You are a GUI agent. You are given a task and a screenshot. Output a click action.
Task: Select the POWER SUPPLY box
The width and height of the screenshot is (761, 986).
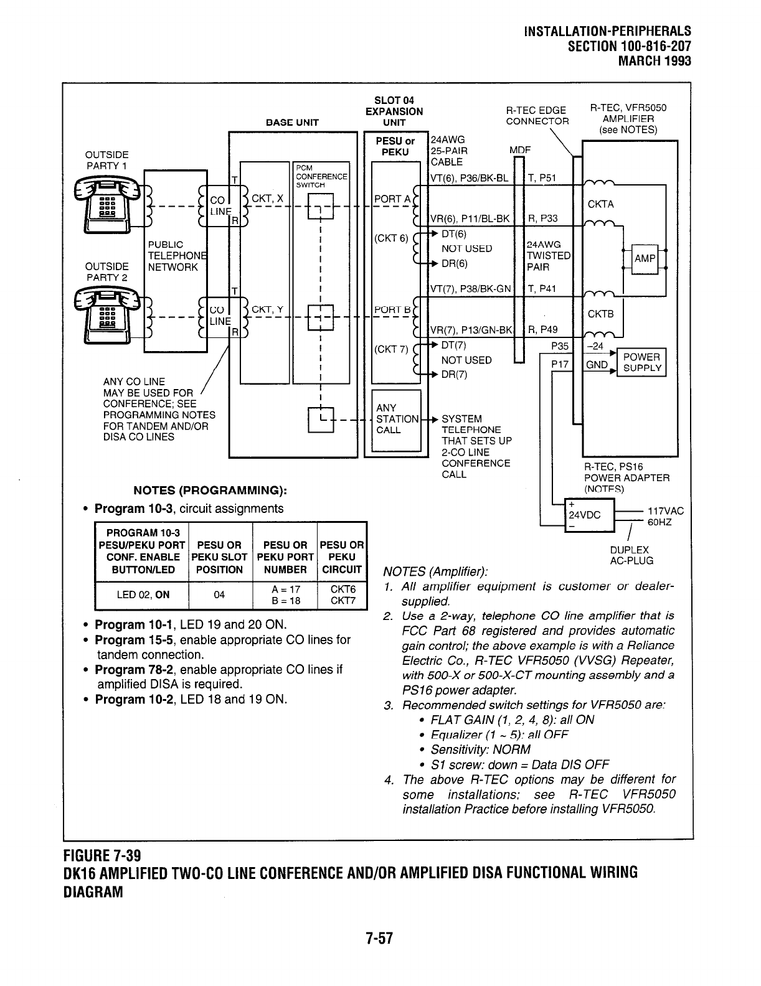pos(641,362)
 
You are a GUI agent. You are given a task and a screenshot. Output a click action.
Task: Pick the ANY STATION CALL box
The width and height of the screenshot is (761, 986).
pos(397,420)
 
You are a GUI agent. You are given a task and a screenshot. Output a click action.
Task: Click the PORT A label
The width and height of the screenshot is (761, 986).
pos(392,199)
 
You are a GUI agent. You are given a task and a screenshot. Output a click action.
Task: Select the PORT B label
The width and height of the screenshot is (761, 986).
pos(392,309)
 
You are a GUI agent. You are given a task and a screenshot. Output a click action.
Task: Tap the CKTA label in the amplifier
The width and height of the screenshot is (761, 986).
pos(600,204)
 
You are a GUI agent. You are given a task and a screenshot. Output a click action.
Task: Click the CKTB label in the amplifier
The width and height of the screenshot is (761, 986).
pos(600,314)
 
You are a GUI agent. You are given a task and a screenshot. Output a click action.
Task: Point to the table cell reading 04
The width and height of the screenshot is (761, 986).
pos(219,594)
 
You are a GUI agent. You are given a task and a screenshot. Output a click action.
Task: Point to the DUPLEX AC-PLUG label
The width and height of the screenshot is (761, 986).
pos(631,555)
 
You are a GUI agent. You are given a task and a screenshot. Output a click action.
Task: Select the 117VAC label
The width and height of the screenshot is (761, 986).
pos(666,511)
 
